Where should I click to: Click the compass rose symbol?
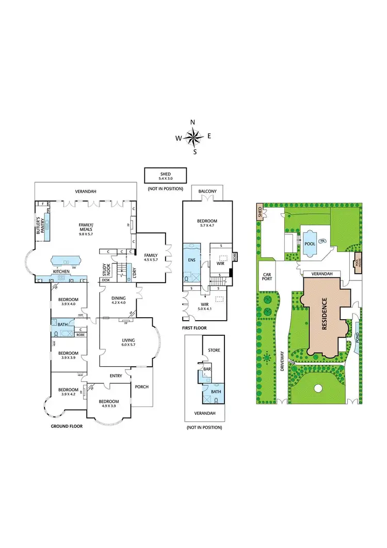[x=193, y=137]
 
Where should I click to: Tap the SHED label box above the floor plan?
[x=165, y=176]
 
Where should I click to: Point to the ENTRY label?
[x=116, y=375]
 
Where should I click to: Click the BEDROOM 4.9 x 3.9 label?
[x=108, y=404]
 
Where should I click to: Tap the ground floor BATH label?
[x=62, y=324]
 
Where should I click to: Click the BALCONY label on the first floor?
[x=207, y=192]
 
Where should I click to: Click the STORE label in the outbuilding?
[x=214, y=350]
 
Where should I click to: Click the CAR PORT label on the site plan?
[x=267, y=277]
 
